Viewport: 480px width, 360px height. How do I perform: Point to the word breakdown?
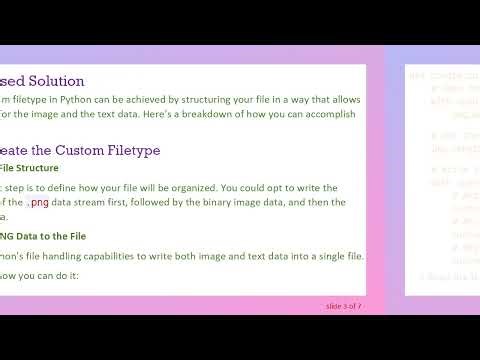click(217, 114)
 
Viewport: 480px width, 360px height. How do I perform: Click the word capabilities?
click(116, 256)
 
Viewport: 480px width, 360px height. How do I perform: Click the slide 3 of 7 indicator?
click(343, 305)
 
